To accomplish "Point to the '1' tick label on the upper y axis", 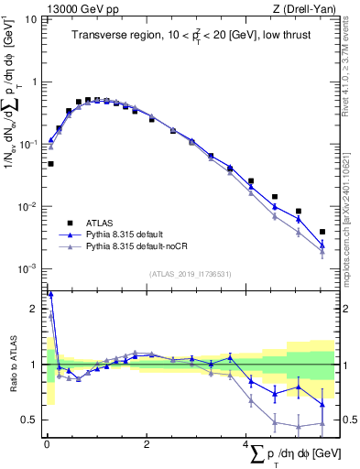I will (36, 82).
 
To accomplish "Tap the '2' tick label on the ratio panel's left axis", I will (36, 310).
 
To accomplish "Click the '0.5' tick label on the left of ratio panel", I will (32, 420).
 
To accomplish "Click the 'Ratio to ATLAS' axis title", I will (12, 365).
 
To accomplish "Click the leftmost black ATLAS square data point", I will (50, 164).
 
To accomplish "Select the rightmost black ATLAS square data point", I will (322, 232).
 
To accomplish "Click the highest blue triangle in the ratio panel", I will (49, 294).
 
